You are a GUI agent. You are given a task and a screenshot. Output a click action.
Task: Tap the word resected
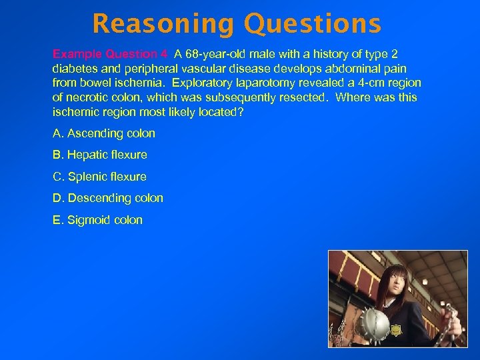(303, 97)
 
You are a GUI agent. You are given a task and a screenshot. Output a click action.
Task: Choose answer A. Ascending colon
(104, 133)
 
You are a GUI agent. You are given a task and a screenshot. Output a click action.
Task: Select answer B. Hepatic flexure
(100, 155)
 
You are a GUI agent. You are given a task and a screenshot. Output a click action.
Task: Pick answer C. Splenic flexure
(99, 177)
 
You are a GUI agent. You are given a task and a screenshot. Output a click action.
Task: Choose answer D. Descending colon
(108, 198)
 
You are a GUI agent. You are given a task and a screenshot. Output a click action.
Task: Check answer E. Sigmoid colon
(97, 220)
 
